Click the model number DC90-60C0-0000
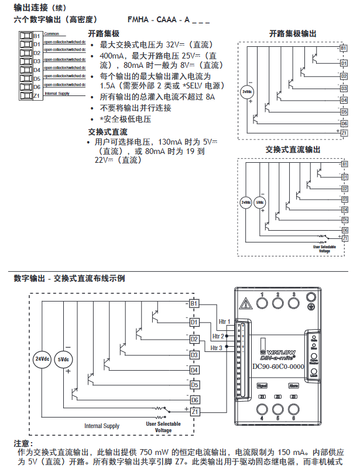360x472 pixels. pyautogui.click(x=278, y=367)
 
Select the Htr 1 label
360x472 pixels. pyautogui.click(x=225, y=322)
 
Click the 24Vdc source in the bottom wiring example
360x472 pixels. pyautogui.click(x=42, y=358)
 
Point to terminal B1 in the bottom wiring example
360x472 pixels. pyautogui.click(x=194, y=303)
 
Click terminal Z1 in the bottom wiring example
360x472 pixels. pyautogui.click(x=194, y=412)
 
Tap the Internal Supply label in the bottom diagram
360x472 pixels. pyautogui.click(x=102, y=426)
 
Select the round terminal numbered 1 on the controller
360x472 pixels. pyautogui.click(x=263, y=302)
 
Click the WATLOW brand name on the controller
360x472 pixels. pyautogui.click(x=280, y=346)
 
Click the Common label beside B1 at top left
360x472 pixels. pyautogui.click(x=51, y=33)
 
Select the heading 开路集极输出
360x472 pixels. pyautogui.click(x=293, y=34)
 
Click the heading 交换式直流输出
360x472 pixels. pyautogui.click(x=293, y=150)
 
